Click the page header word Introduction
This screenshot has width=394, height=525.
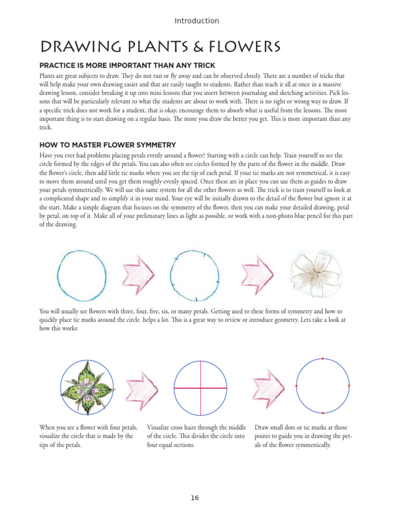coord(196,21)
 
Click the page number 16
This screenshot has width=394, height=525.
coord(194,498)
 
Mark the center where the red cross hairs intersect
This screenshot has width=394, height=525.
coord(201,388)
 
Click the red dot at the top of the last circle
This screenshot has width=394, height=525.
coord(323,359)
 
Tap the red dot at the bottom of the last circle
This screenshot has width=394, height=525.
coord(323,413)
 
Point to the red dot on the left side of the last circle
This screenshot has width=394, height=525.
coord(297,386)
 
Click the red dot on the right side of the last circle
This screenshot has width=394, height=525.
coord(349,386)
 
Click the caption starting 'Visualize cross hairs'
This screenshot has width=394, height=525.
coord(196,436)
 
